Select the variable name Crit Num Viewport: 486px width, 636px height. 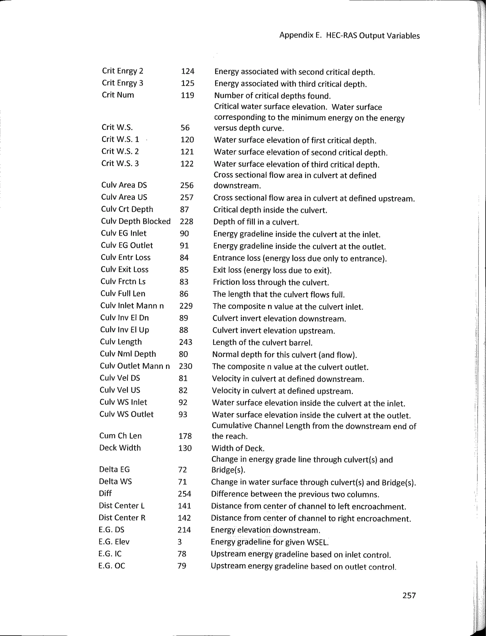click(118, 95)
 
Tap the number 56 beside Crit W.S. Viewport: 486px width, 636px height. click(185, 128)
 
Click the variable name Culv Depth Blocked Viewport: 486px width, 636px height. click(136, 221)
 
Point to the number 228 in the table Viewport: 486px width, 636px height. click(186, 222)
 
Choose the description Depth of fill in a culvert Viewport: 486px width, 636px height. click(256, 222)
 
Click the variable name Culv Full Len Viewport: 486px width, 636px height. click(123, 293)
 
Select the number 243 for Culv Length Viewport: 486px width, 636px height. click(185, 342)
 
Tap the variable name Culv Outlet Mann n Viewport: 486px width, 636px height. click(135, 366)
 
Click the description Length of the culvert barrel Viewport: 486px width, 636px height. click(262, 343)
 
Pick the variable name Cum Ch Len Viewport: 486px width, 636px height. click(120, 436)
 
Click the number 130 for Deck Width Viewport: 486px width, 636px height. click(185, 448)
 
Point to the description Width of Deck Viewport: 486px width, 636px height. click(238, 449)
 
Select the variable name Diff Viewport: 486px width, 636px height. click(105, 493)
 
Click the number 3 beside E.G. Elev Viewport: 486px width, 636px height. click(180, 542)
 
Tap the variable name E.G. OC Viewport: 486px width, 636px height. click(112, 566)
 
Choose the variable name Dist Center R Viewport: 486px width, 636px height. click(122, 518)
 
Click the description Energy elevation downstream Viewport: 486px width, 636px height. click(265, 530)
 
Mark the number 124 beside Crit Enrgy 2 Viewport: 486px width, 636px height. click(187, 71)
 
